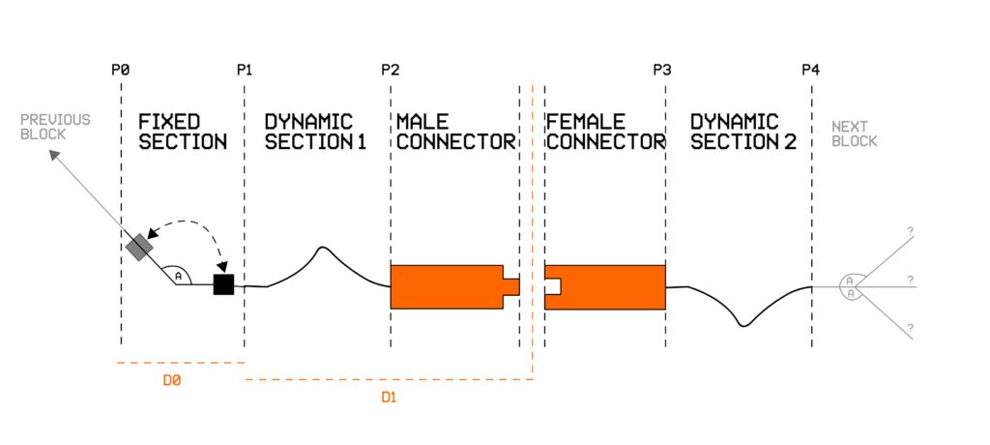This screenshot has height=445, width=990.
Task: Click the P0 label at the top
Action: [121, 70]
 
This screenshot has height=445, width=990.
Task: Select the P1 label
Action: [245, 70]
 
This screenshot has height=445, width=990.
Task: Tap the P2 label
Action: [391, 70]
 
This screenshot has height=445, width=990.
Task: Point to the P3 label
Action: [662, 70]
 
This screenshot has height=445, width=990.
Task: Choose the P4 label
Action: [810, 70]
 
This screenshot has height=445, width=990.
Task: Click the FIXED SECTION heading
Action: [183, 132]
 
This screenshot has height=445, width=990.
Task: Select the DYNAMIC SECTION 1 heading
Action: [308, 132]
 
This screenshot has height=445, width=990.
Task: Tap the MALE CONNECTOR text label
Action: [455, 132]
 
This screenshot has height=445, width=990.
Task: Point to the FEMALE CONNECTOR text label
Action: [606, 132]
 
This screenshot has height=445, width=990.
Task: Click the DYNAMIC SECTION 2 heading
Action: [743, 132]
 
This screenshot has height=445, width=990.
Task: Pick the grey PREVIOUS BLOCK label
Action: [56, 127]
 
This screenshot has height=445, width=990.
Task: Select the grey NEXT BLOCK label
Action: [855, 133]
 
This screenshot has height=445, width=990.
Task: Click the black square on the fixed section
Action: [223, 284]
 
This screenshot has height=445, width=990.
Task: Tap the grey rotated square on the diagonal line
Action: [138, 247]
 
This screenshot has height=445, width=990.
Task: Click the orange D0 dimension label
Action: [173, 381]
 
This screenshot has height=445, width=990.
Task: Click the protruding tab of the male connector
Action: [511, 286]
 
